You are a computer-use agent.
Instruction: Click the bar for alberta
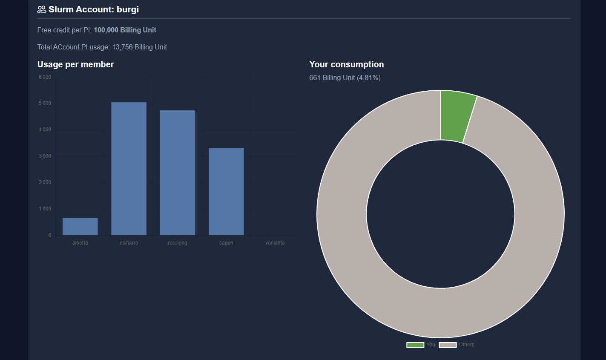point(80,226)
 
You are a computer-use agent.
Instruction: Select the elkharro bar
point(129,169)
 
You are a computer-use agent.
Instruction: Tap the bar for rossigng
point(178,173)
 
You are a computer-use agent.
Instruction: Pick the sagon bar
point(226,192)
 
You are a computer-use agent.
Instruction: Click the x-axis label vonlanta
point(275,243)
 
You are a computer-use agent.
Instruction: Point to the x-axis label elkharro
point(129,243)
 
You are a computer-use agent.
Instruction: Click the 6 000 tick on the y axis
point(45,77)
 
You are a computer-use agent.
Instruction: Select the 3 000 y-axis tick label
point(45,156)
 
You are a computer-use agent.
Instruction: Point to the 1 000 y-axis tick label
point(45,209)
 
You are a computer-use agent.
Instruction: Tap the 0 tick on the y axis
point(49,235)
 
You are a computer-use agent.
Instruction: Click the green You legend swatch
point(415,345)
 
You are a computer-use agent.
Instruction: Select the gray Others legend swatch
point(448,345)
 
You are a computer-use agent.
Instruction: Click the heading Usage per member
point(76,64)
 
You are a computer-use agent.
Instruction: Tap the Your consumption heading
point(346,64)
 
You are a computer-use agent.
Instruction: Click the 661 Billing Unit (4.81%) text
point(345,78)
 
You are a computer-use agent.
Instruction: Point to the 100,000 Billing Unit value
point(125,30)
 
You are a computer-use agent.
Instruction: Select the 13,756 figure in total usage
point(122,47)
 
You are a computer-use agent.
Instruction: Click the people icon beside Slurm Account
point(42,9)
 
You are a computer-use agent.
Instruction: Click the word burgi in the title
point(128,9)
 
